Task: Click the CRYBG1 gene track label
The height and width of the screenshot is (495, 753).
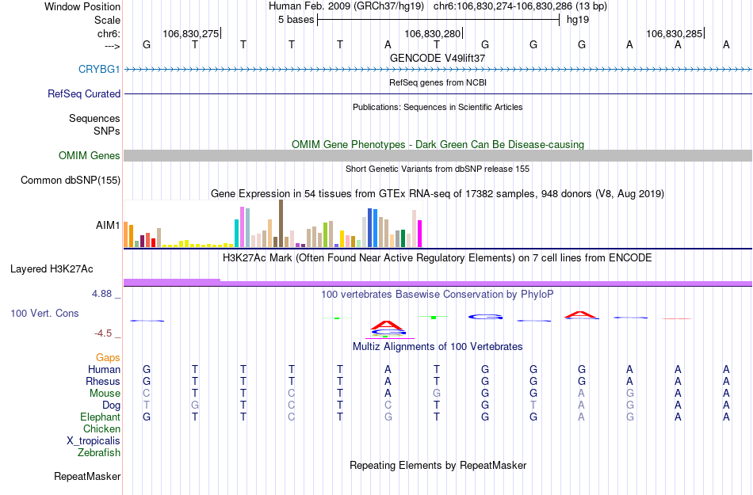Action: [x=99, y=69]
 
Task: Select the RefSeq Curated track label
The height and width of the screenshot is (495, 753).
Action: [x=84, y=93]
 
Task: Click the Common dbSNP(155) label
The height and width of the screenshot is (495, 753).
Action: [x=70, y=180]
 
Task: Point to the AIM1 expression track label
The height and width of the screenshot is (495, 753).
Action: [x=108, y=225]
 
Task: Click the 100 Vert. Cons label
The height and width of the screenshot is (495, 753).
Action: [x=44, y=314]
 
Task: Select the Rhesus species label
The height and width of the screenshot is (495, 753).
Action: [x=103, y=381]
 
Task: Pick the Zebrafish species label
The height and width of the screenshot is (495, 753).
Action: [x=99, y=453]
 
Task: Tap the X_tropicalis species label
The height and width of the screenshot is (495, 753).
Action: [x=94, y=441]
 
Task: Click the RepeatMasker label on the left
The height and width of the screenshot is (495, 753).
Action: [x=87, y=477]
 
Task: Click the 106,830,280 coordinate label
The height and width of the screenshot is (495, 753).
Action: [x=432, y=33]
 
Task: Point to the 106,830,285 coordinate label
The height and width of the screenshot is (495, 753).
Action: [x=674, y=33]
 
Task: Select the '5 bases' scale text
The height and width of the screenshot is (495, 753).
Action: [x=296, y=19]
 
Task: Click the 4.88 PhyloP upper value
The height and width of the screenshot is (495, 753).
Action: [x=104, y=294]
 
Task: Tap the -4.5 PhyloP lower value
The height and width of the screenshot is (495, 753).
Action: [x=104, y=333]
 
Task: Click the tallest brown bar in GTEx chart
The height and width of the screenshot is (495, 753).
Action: [x=281, y=223]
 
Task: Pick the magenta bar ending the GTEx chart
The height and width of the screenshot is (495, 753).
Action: [x=419, y=233]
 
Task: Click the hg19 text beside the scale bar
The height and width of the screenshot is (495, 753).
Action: [x=577, y=19]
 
